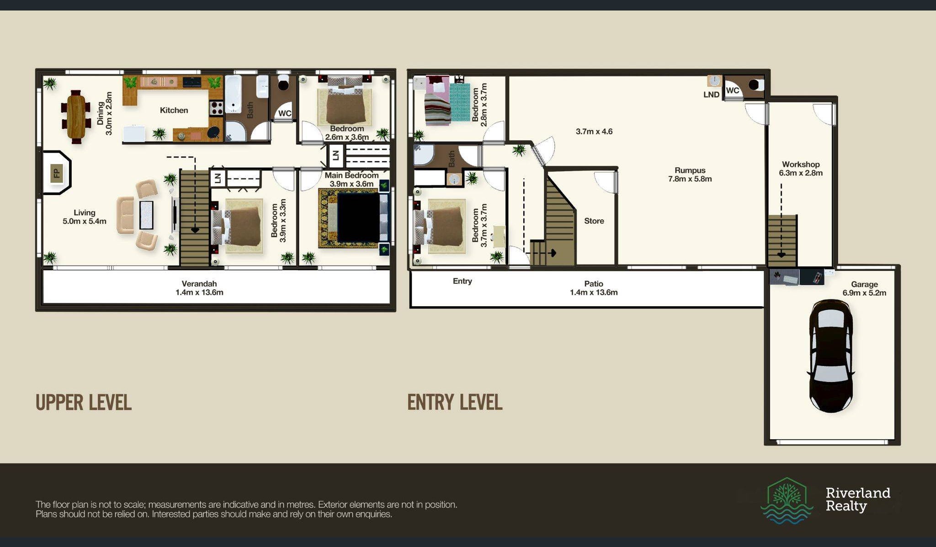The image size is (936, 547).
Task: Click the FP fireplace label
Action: (57, 173)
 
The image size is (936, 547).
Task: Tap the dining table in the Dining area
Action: (76, 116)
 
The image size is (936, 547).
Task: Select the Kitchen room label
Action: (174, 110)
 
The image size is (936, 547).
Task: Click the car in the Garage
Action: (831, 356)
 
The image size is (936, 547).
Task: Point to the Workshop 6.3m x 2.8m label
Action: (801, 169)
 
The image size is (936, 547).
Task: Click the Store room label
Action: (594, 221)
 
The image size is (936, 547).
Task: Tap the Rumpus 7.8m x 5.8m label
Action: (690, 175)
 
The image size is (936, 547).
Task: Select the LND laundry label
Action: (712, 95)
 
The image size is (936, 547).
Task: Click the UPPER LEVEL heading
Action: (84, 403)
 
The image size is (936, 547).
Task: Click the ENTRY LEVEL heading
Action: (455, 403)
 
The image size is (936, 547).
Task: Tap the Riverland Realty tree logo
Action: (787, 500)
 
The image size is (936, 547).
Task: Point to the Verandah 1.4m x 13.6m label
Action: (199, 288)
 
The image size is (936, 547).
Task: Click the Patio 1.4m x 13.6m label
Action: (594, 288)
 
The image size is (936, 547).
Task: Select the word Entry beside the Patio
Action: (463, 281)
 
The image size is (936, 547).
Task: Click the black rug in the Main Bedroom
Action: (358, 218)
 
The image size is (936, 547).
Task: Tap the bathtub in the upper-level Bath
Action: (233, 94)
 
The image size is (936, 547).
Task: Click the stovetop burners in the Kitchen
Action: (217, 108)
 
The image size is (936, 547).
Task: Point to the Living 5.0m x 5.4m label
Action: (85, 217)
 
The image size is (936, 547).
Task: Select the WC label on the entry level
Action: (733, 90)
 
